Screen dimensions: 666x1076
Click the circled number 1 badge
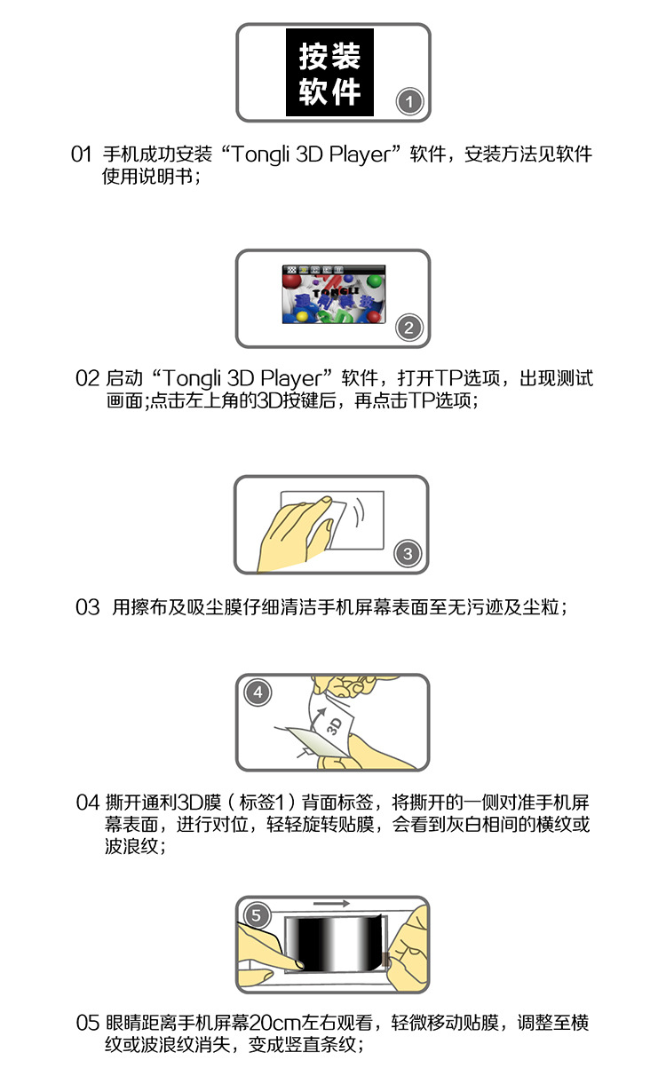[409, 101]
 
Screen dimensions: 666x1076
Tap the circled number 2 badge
[408, 328]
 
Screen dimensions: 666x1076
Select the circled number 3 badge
[408, 553]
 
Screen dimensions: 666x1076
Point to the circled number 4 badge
[258, 692]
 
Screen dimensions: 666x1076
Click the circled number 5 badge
[257, 915]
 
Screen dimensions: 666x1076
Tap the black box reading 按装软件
[329, 72]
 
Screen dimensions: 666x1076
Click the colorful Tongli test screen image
[334, 294]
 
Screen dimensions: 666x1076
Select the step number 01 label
[81, 154]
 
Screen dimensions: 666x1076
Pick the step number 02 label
[87, 378]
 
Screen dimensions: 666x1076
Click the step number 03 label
[87, 607]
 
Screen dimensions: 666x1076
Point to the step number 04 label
[87, 803]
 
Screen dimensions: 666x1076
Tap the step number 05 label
[87, 1022]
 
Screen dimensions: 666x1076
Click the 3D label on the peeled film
[334, 726]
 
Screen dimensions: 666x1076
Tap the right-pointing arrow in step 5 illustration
[331, 904]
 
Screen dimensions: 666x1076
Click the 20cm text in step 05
[275, 1022]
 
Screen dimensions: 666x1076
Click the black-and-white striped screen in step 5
[334, 943]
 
